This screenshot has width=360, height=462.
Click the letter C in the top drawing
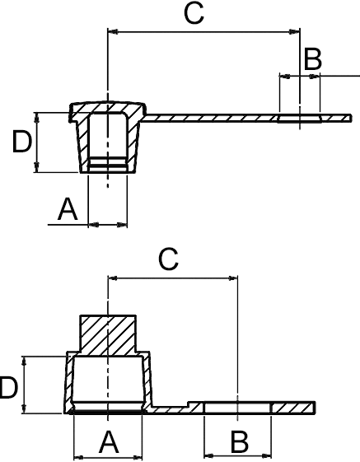click(194, 13)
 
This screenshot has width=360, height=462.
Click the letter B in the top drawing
click(313, 60)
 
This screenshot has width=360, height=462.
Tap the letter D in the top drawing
click(21, 142)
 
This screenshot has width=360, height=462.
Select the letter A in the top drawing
click(68, 209)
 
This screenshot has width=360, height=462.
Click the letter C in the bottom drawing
click(168, 259)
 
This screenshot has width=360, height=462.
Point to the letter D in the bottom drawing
click(8, 388)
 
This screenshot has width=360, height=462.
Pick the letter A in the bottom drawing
click(109, 442)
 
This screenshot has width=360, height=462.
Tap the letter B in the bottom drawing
click(240, 442)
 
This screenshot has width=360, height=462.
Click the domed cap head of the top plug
click(108, 109)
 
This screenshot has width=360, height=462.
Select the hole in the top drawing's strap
click(299, 119)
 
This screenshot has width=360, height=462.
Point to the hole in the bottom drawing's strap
click(237, 408)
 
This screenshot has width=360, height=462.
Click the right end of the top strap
click(351, 118)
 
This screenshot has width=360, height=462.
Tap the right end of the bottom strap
click(315, 408)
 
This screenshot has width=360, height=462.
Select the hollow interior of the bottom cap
click(108, 379)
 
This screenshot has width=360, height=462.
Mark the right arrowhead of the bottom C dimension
click(232, 278)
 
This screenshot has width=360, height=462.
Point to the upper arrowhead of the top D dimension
click(36, 117)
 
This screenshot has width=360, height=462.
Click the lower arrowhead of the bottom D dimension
click(24, 408)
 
